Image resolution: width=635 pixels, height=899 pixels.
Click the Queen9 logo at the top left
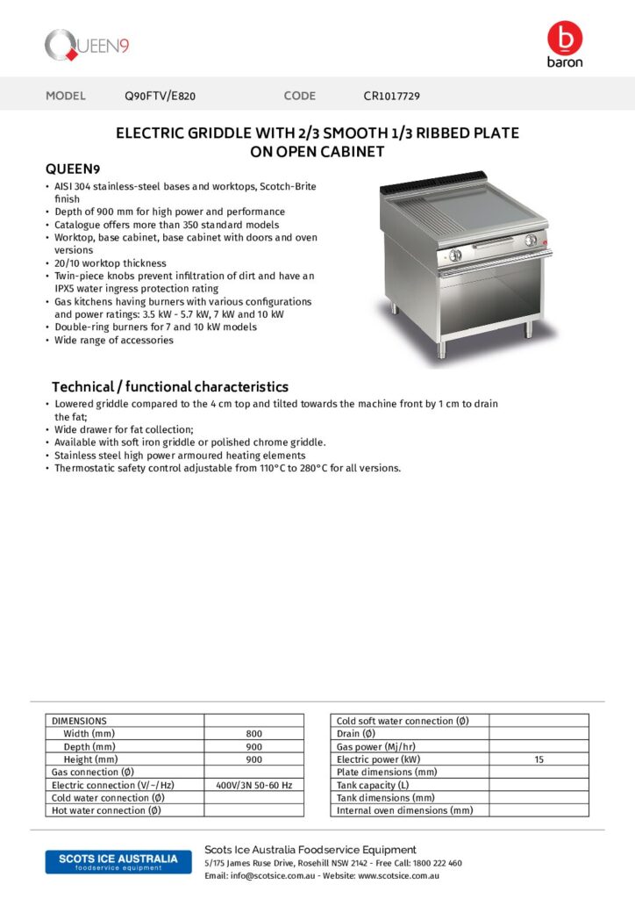pos(87,45)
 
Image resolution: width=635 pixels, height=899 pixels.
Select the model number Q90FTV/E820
pos(166,96)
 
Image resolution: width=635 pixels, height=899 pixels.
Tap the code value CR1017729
pos(397,96)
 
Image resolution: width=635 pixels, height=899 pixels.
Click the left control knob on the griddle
pos(454,255)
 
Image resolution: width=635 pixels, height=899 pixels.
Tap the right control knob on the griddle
pos(530,241)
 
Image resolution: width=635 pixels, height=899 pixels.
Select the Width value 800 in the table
pos(253,734)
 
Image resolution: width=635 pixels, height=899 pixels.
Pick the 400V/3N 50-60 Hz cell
pos(253,785)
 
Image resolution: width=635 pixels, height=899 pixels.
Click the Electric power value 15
pos(539,759)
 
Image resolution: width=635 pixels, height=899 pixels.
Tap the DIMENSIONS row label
pos(79,721)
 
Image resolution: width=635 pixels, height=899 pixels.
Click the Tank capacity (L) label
pos(373,785)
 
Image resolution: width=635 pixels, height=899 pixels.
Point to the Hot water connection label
pos(106,810)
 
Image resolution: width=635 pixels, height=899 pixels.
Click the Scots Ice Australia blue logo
pos(111,861)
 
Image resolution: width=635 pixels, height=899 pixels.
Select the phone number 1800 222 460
pos(437,863)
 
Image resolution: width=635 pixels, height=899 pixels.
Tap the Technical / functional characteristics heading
pos(170,387)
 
